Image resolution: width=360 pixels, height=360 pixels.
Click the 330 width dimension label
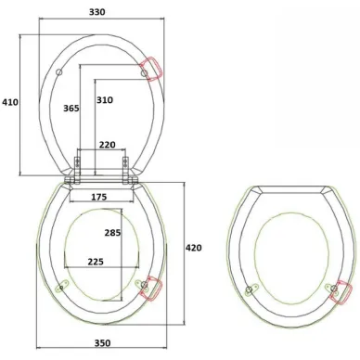coord(97,12)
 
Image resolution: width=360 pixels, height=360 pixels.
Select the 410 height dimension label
coord(10,102)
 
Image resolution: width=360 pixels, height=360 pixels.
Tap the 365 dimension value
coord(71,109)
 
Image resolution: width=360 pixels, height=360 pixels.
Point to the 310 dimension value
coord(105,100)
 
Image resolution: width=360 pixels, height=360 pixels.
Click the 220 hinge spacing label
coord(108,145)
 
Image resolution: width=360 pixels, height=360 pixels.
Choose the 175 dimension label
coord(99,197)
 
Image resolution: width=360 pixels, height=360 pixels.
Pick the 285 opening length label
coord(112,233)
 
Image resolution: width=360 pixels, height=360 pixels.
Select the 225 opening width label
coord(96,262)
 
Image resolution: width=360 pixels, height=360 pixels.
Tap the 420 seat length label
coord(193,248)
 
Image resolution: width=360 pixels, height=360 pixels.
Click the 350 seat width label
coord(102,343)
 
